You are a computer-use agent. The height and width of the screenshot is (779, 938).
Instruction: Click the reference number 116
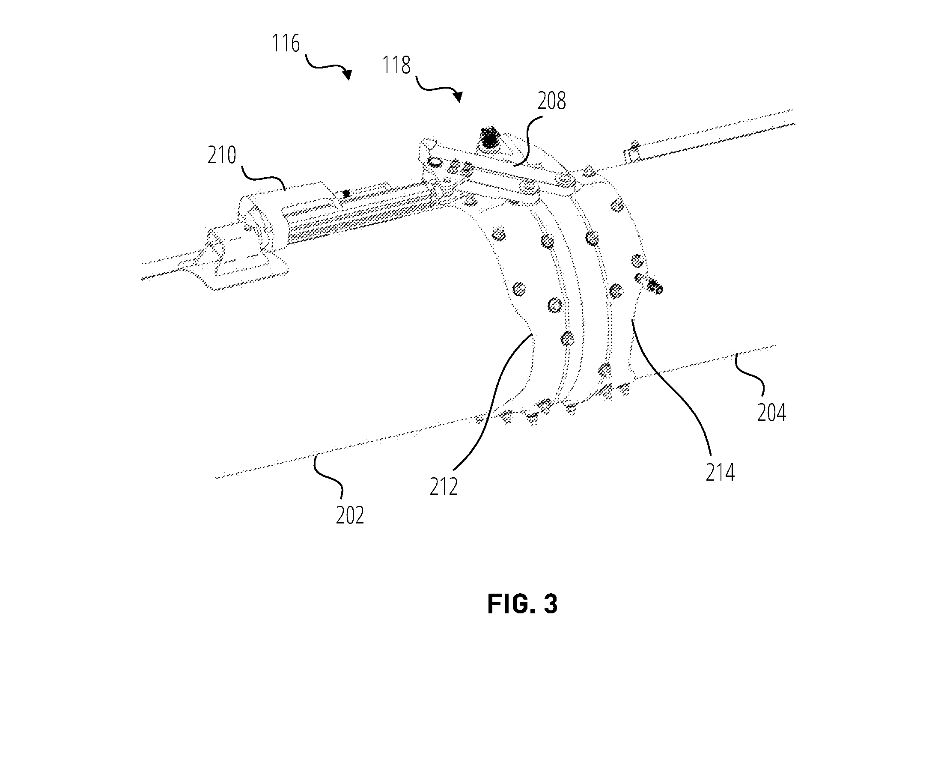(286, 44)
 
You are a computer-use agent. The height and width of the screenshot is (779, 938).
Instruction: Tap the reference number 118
(396, 65)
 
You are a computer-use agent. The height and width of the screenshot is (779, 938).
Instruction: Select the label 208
(552, 101)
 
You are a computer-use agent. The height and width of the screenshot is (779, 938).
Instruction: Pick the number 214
(721, 472)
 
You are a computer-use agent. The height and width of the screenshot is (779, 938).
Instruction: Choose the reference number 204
(771, 412)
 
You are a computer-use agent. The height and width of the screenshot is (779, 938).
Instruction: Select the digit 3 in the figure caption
(551, 604)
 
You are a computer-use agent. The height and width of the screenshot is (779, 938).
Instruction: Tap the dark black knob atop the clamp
(489, 137)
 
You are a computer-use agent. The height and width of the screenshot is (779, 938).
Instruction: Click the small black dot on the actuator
(346, 194)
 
